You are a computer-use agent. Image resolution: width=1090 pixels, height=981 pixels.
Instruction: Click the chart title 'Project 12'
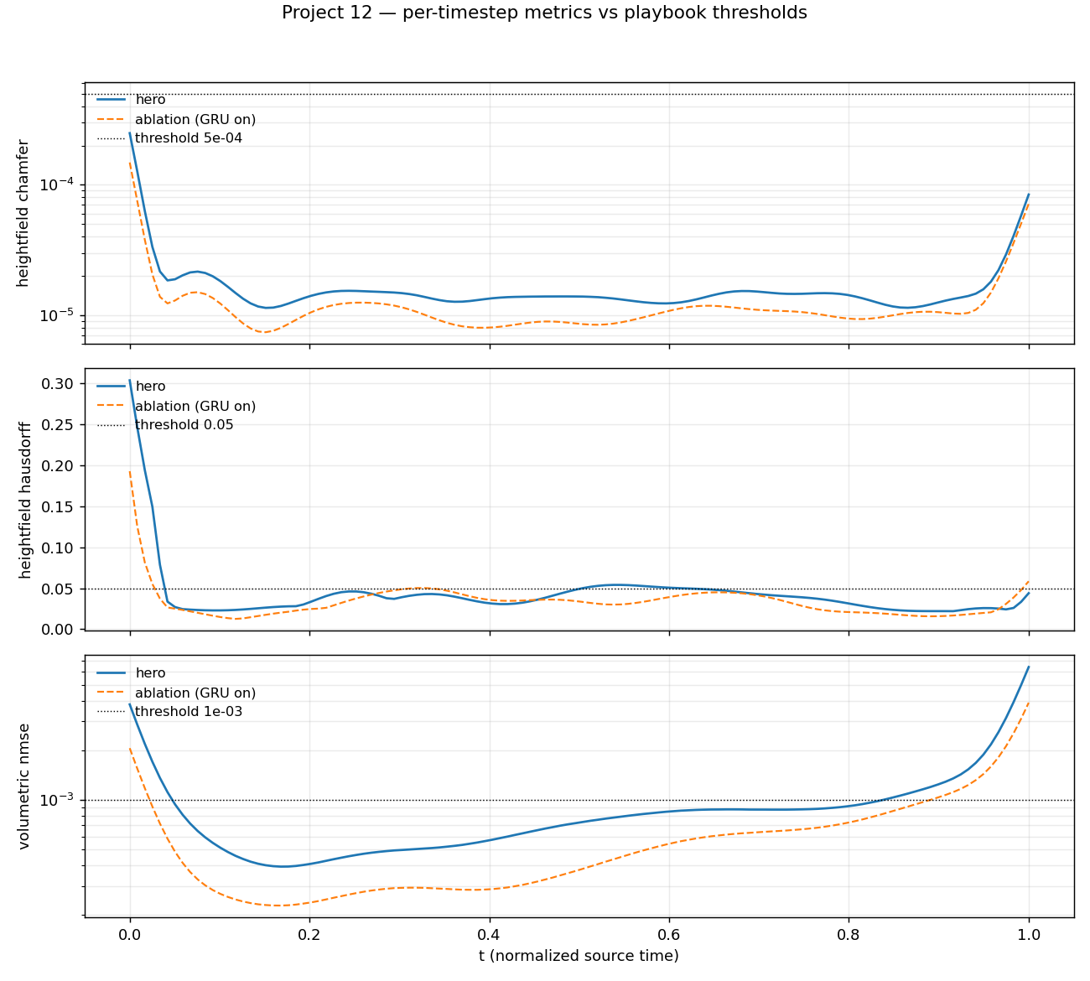click(544, 13)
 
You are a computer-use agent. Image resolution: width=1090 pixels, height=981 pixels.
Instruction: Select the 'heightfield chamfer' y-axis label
click(23, 213)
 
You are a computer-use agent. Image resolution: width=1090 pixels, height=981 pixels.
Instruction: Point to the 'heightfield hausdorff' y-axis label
click(23, 500)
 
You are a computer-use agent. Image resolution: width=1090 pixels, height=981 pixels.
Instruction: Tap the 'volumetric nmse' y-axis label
click(23, 786)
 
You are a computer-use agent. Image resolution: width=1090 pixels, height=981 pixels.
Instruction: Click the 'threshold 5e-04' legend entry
click(188, 138)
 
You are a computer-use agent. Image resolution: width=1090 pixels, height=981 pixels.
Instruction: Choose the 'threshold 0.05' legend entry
click(184, 425)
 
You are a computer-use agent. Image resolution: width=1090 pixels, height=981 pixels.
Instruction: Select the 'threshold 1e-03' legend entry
click(188, 712)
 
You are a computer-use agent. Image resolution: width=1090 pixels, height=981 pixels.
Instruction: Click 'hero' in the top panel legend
click(150, 100)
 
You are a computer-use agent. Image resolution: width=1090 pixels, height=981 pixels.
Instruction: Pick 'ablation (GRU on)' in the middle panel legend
click(195, 407)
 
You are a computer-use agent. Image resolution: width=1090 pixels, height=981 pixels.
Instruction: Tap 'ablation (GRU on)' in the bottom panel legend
click(195, 693)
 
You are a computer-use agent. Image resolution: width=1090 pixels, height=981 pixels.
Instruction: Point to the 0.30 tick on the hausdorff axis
click(60, 384)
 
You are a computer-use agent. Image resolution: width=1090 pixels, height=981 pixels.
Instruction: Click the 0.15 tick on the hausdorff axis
click(60, 506)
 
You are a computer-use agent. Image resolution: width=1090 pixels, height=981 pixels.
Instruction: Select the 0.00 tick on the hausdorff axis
click(60, 630)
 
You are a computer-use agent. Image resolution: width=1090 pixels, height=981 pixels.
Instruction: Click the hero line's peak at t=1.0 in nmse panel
click(1029, 667)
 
